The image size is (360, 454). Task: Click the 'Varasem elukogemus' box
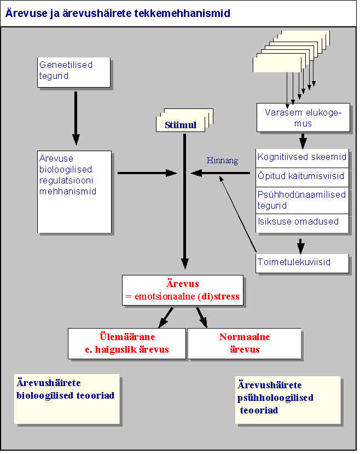tap(303, 118)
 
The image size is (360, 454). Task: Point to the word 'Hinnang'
tap(222, 160)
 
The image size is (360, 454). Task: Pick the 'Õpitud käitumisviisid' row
tap(302, 176)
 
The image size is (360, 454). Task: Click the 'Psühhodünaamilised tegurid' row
tap(302, 200)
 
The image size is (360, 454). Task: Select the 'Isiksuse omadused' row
tap(302, 222)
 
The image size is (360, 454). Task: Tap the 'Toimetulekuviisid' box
tap(302, 262)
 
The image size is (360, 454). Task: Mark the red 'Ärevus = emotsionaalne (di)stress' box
tap(182, 290)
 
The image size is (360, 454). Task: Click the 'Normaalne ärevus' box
tap(244, 343)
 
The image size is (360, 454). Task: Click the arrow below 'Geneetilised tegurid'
tap(76, 118)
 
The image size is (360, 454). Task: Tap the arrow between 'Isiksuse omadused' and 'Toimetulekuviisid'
tap(301, 243)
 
